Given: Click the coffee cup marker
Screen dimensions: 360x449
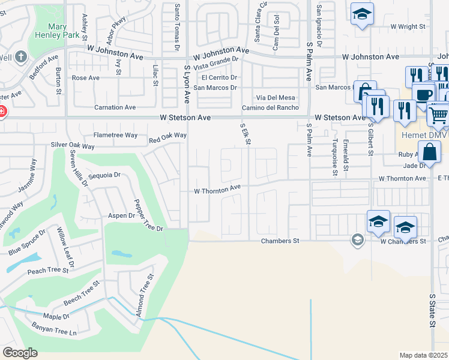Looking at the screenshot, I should pos(423,95).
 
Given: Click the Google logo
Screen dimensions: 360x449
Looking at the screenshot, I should pos(20,353).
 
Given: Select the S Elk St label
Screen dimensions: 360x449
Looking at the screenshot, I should pos(245,134).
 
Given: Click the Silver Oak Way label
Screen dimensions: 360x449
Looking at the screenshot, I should pos(73,146).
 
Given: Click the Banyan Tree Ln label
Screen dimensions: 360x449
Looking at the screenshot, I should pos(55,332).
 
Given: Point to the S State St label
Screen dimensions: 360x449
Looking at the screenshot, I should pos(432,310).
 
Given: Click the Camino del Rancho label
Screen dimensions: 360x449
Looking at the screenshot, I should pos(270,107).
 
